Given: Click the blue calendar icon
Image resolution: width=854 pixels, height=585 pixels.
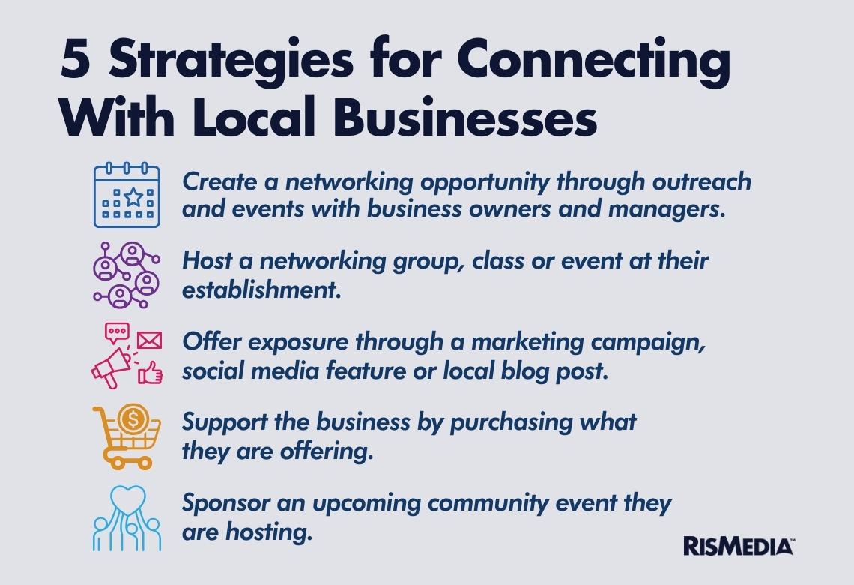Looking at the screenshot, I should pyautogui.click(x=127, y=195).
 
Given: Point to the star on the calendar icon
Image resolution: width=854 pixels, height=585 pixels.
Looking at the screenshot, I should pyautogui.click(x=133, y=197).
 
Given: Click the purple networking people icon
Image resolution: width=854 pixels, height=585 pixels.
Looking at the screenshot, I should pyautogui.click(x=126, y=274).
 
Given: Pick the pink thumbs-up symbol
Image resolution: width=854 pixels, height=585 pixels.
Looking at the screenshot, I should pyautogui.click(x=151, y=373).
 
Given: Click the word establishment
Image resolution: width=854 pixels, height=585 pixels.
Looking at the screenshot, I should pyautogui.click(x=261, y=289).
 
